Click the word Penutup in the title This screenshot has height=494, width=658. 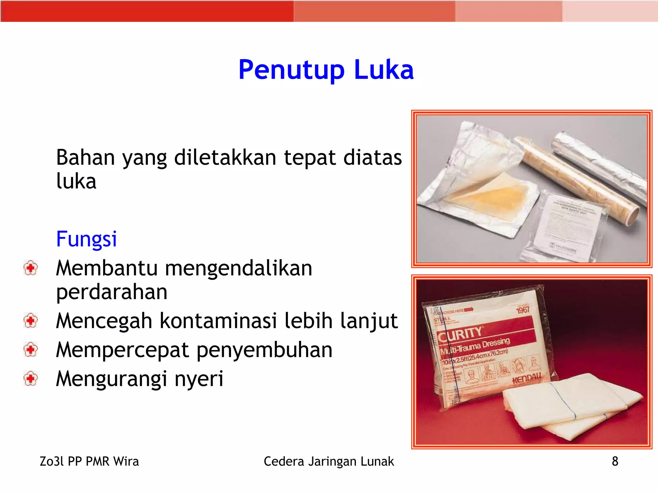pos(291,70)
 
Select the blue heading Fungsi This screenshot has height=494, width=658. pos(86,239)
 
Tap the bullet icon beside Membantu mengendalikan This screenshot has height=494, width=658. pos(31,268)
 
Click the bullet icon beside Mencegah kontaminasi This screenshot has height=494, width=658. pos(31,321)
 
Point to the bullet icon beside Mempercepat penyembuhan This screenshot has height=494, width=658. pos(31,350)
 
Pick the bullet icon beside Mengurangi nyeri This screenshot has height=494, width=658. pos(31,379)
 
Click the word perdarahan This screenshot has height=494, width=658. pos(111,292)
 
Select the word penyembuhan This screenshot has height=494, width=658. pos(264,350)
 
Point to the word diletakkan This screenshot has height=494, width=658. pos(225,158)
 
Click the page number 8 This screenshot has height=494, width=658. pos(615,461)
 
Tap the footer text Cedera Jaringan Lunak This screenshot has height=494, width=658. pos(329,461)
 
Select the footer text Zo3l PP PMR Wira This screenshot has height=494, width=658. pos(89,461)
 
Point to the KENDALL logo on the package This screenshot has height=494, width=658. pos(527,379)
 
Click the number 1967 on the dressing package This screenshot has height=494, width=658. pos(523,310)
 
